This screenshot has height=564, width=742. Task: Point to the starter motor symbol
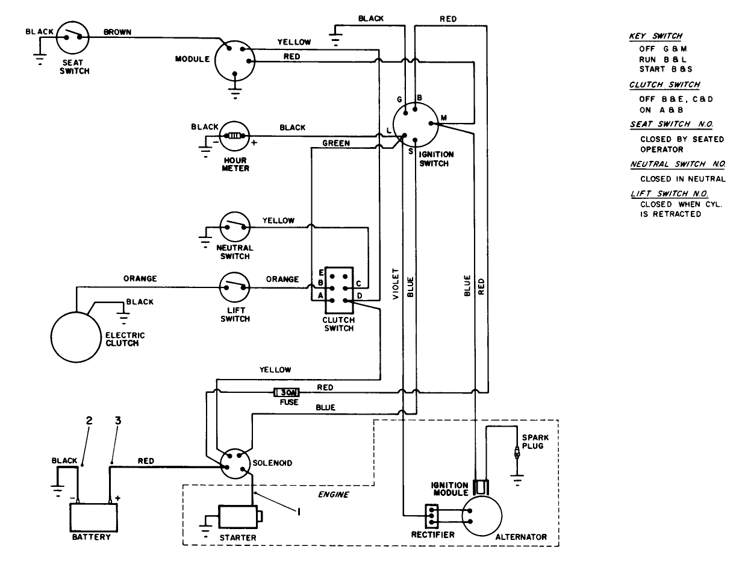(x=238, y=516)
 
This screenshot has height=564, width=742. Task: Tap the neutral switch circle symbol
(x=235, y=227)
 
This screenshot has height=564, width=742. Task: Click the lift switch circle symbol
(x=235, y=288)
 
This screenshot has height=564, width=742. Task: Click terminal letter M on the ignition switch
(x=443, y=118)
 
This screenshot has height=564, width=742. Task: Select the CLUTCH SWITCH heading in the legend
(x=664, y=84)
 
